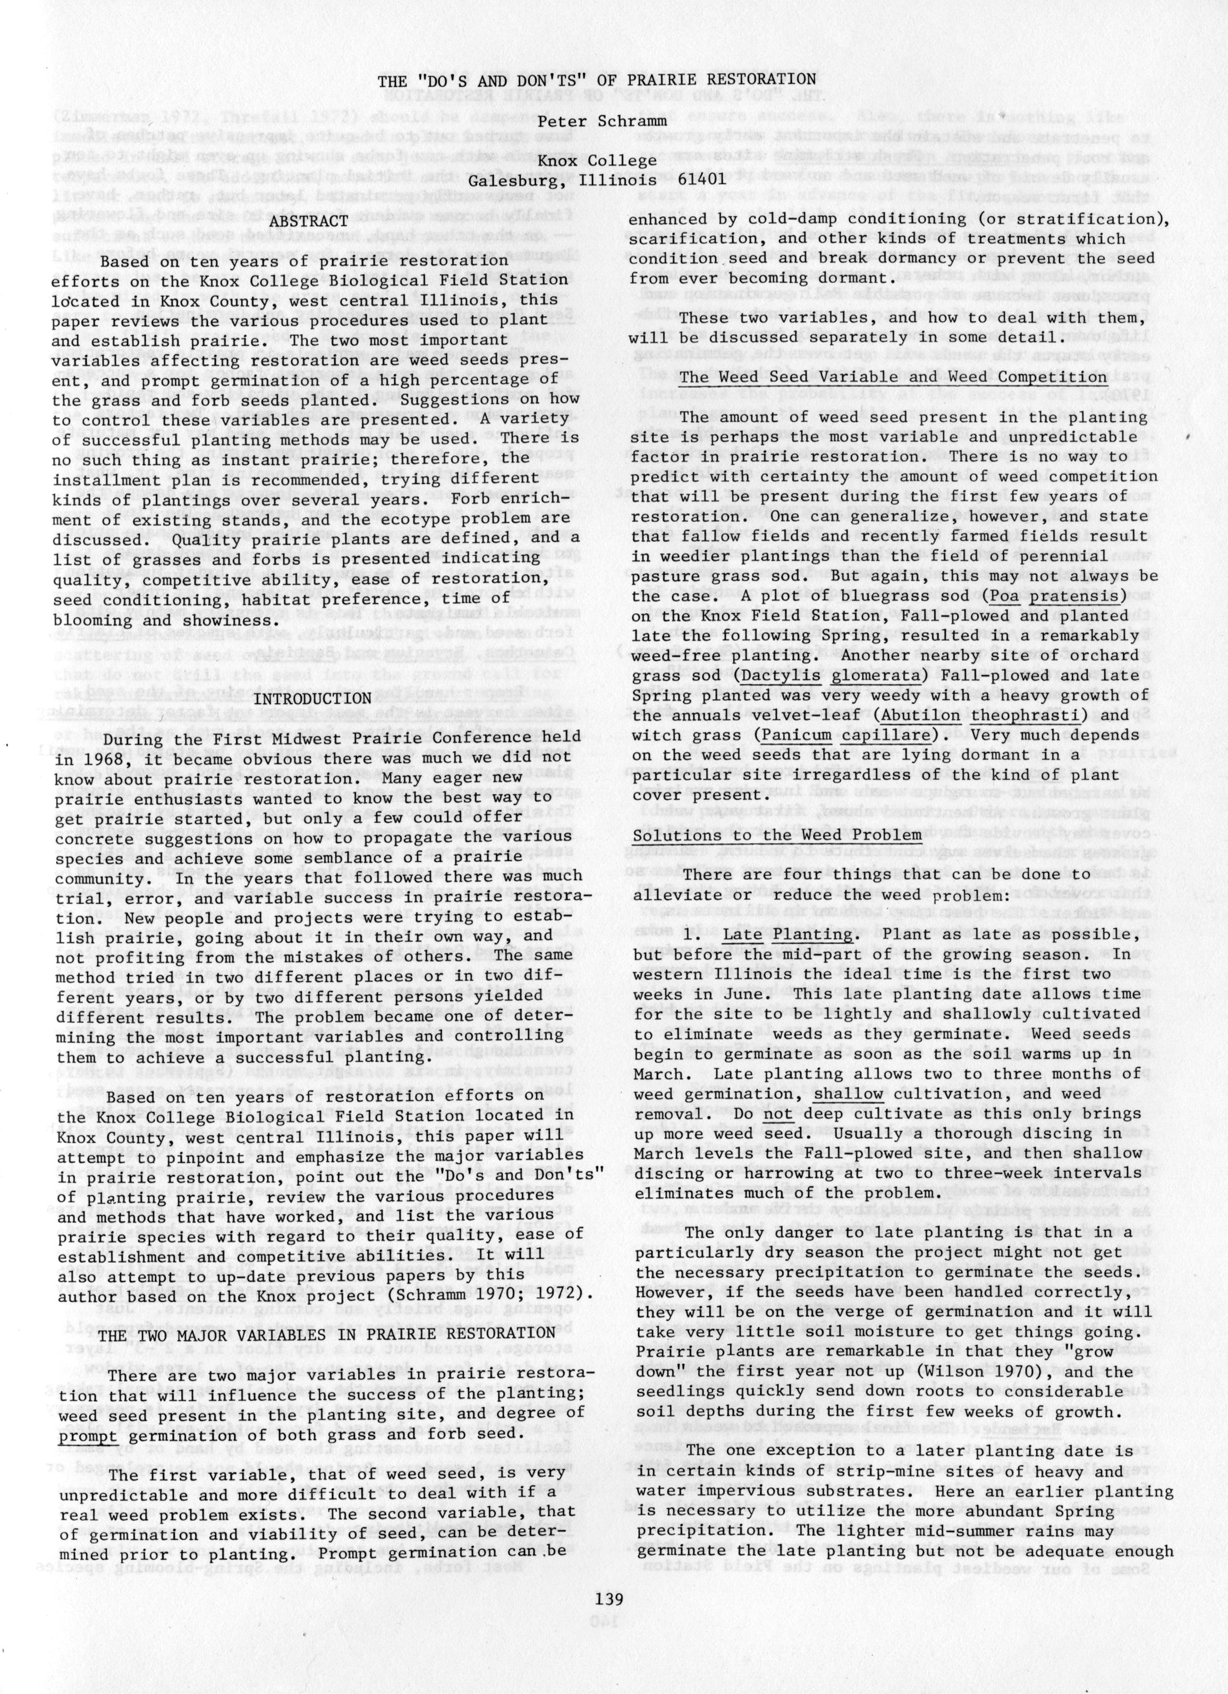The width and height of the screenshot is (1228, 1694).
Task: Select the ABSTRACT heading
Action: click(x=309, y=222)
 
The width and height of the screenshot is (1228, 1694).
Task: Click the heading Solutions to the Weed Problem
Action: click(x=777, y=835)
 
